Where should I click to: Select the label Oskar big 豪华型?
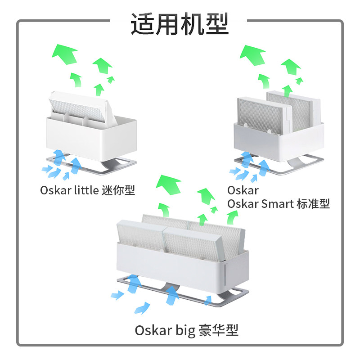pos(186,331)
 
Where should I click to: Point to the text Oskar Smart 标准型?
pos(278,204)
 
